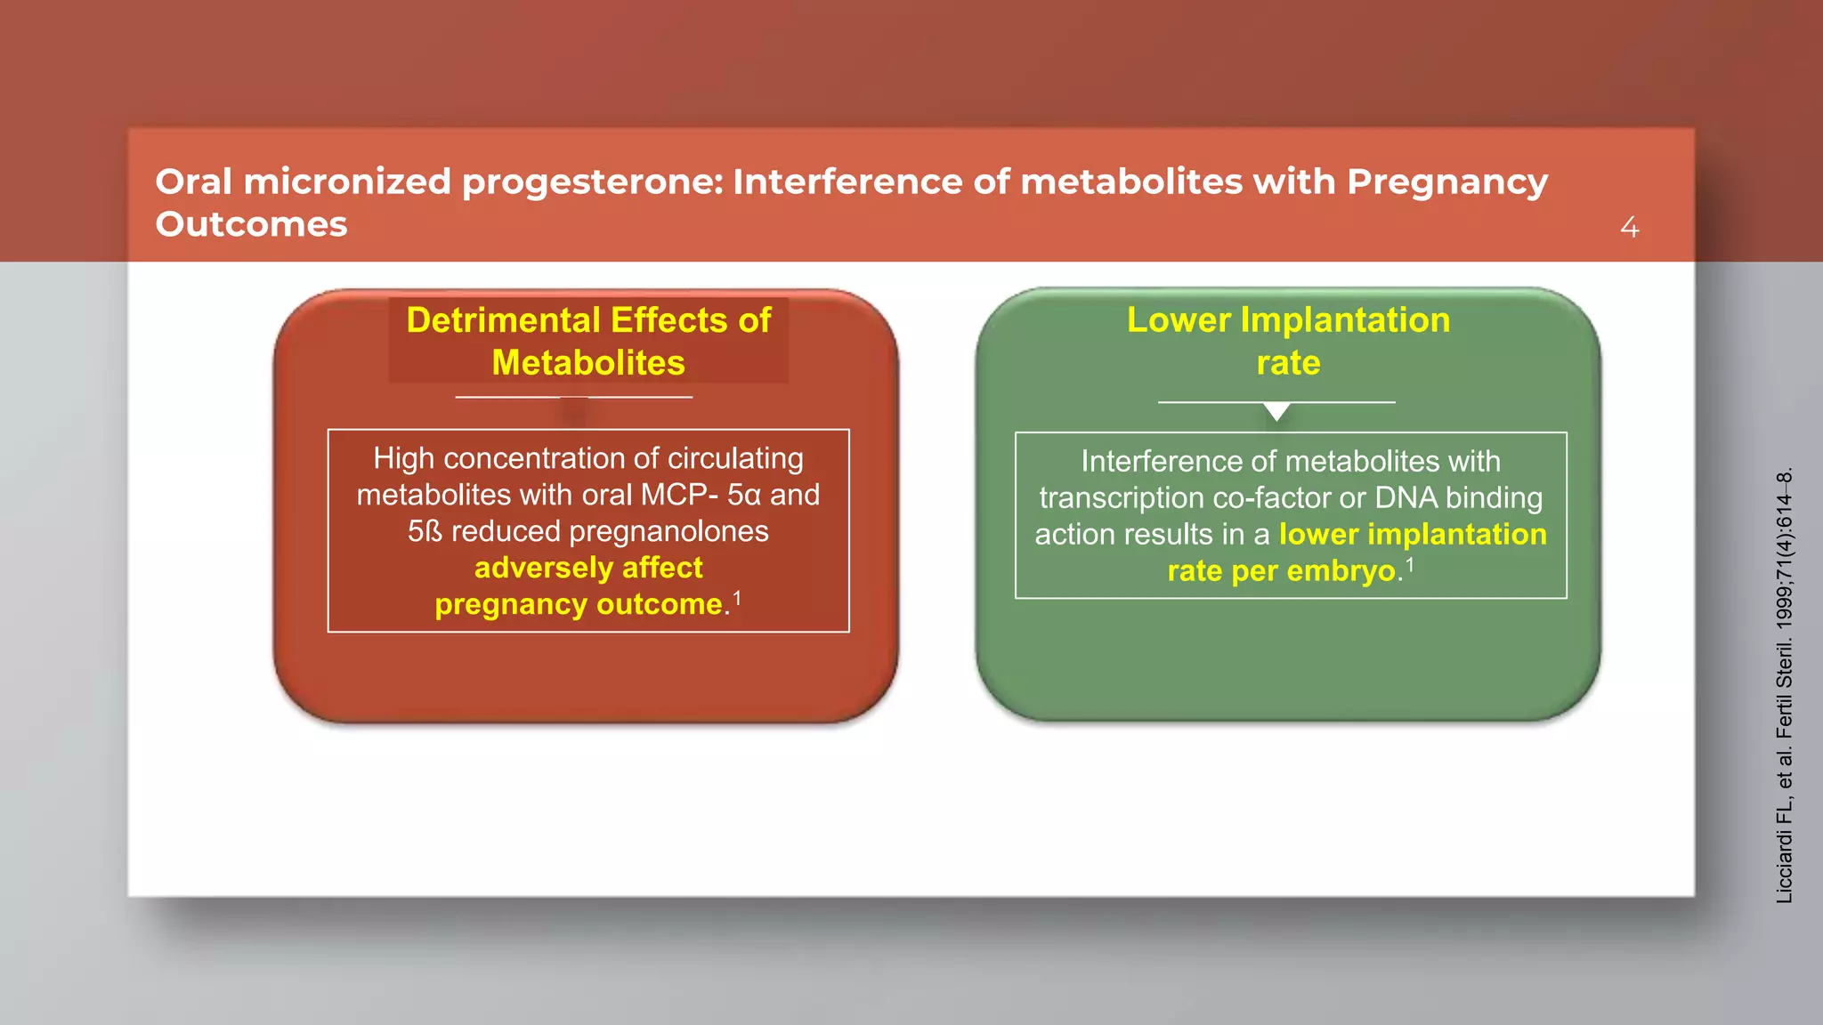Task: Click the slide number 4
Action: pyautogui.click(x=1629, y=228)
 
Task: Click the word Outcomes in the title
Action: pyautogui.click(x=251, y=224)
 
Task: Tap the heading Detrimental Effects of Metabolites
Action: pyautogui.click(x=588, y=341)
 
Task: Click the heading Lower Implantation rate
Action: pyautogui.click(x=1288, y=341)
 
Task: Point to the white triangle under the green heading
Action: pyautogui.click(x=1276, y=411)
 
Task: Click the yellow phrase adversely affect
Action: pyautogui.click(x=588, y=568)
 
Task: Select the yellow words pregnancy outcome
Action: pyautogui.click(x=579, y=604)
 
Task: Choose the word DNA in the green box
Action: pyautogui.click(x=1406, y=498)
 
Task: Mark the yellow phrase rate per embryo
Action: pyautogui.click(x=1282, y=571)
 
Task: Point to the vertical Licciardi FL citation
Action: pyautogui.click(x=1784, y=685)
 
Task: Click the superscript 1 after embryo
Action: pyautogui.click(x=1410, y=564)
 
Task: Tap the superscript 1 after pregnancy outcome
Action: pyautogui.click(x=737, y=598)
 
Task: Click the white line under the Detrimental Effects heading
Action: pyautogui.click(x=573, y=397)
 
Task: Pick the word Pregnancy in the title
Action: pyautogui.click(x=1447, y=182)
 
